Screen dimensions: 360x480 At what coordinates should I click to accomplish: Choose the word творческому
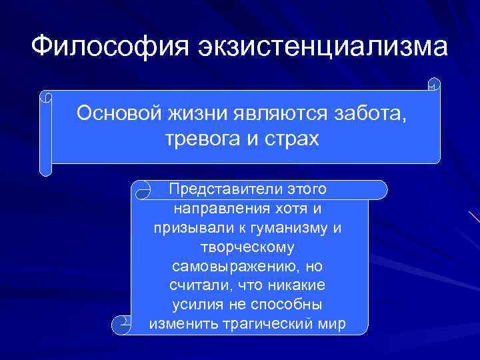tap(247, 247)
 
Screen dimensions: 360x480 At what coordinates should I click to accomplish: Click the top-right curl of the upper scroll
tap(433, 85)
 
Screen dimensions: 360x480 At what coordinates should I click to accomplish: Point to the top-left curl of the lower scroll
tap(143, 191)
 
